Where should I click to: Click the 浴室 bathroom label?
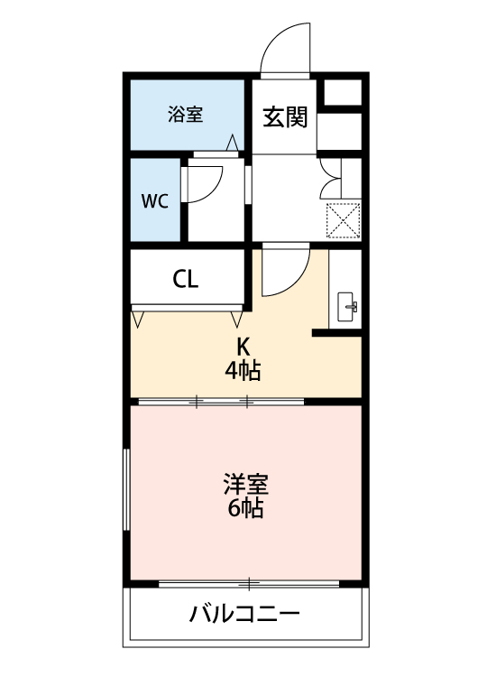pos(185,115)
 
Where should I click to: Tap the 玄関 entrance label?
pos(284,117)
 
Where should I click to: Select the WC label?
pos(154,201)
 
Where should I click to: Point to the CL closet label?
pos(186,279)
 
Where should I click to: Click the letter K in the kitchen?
pos(243,347)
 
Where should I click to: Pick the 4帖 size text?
pos(243,370)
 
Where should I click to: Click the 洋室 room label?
pos(245,483)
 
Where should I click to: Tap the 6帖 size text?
pos(245,508)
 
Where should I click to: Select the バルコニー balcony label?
pos(244,616)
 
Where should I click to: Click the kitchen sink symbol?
pos(347,306)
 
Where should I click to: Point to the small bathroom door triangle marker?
pos(233,143)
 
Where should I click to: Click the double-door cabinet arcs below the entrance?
pos(328,178)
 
